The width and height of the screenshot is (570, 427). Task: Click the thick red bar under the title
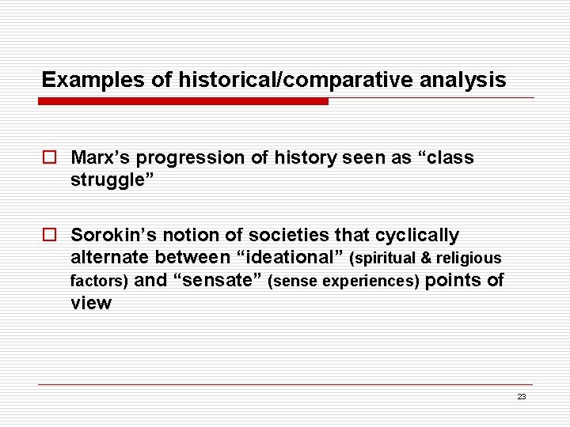184,101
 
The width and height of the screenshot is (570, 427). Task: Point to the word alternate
110,257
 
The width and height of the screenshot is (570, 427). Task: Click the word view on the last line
91,303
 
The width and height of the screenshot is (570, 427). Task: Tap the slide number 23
521,397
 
